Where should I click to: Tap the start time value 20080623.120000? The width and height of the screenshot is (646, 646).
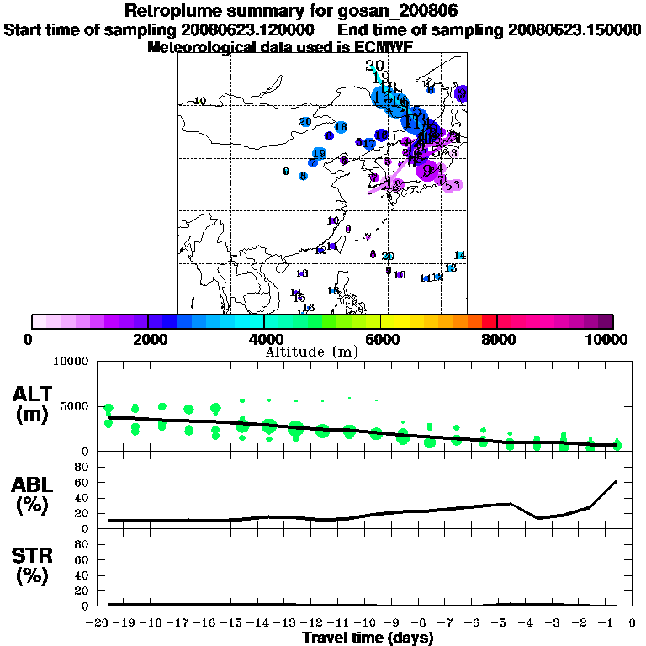248,30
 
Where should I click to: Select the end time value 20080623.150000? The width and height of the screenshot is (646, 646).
575,30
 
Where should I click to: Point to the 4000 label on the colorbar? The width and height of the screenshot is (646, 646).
264,339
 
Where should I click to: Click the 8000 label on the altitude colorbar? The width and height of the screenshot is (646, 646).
497,339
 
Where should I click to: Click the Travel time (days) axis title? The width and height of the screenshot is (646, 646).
368,638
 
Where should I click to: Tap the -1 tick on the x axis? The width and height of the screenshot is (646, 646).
611,623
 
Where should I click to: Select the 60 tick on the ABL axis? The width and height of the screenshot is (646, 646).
83,482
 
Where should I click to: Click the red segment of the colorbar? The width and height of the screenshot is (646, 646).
490,321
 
